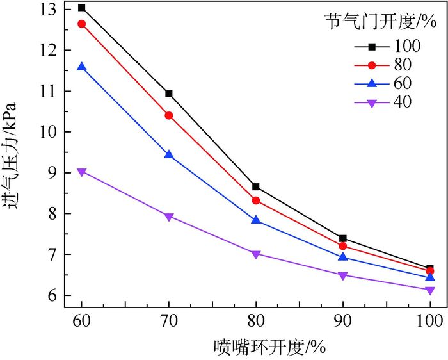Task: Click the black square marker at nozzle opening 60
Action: pyautogui.click(x=82, y=8)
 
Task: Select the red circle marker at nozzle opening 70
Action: pyautogui.click(x=169, y=115)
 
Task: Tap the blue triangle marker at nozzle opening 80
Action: pyautogui.click(x=256, y=220)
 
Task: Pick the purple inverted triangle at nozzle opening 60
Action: pyautogui.click(x=82, y=172)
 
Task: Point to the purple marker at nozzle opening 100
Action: pyautogui.click(x=430, y=290)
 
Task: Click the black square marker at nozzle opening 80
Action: pyautogui.click(x=256, y=186)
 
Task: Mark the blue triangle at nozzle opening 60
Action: pyautogui.click(x=82, y=67)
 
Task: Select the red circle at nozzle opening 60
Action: pyautogui.click(x=82, y=24)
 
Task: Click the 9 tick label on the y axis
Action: pyautogui.click(x=54, y=173)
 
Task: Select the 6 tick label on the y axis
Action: pyautogui.click(x=54, y=296)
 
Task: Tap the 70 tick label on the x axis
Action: pyautogui.click(x=169, y=319)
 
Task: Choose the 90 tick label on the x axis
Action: pyautogui.click(x=343, y=319)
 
